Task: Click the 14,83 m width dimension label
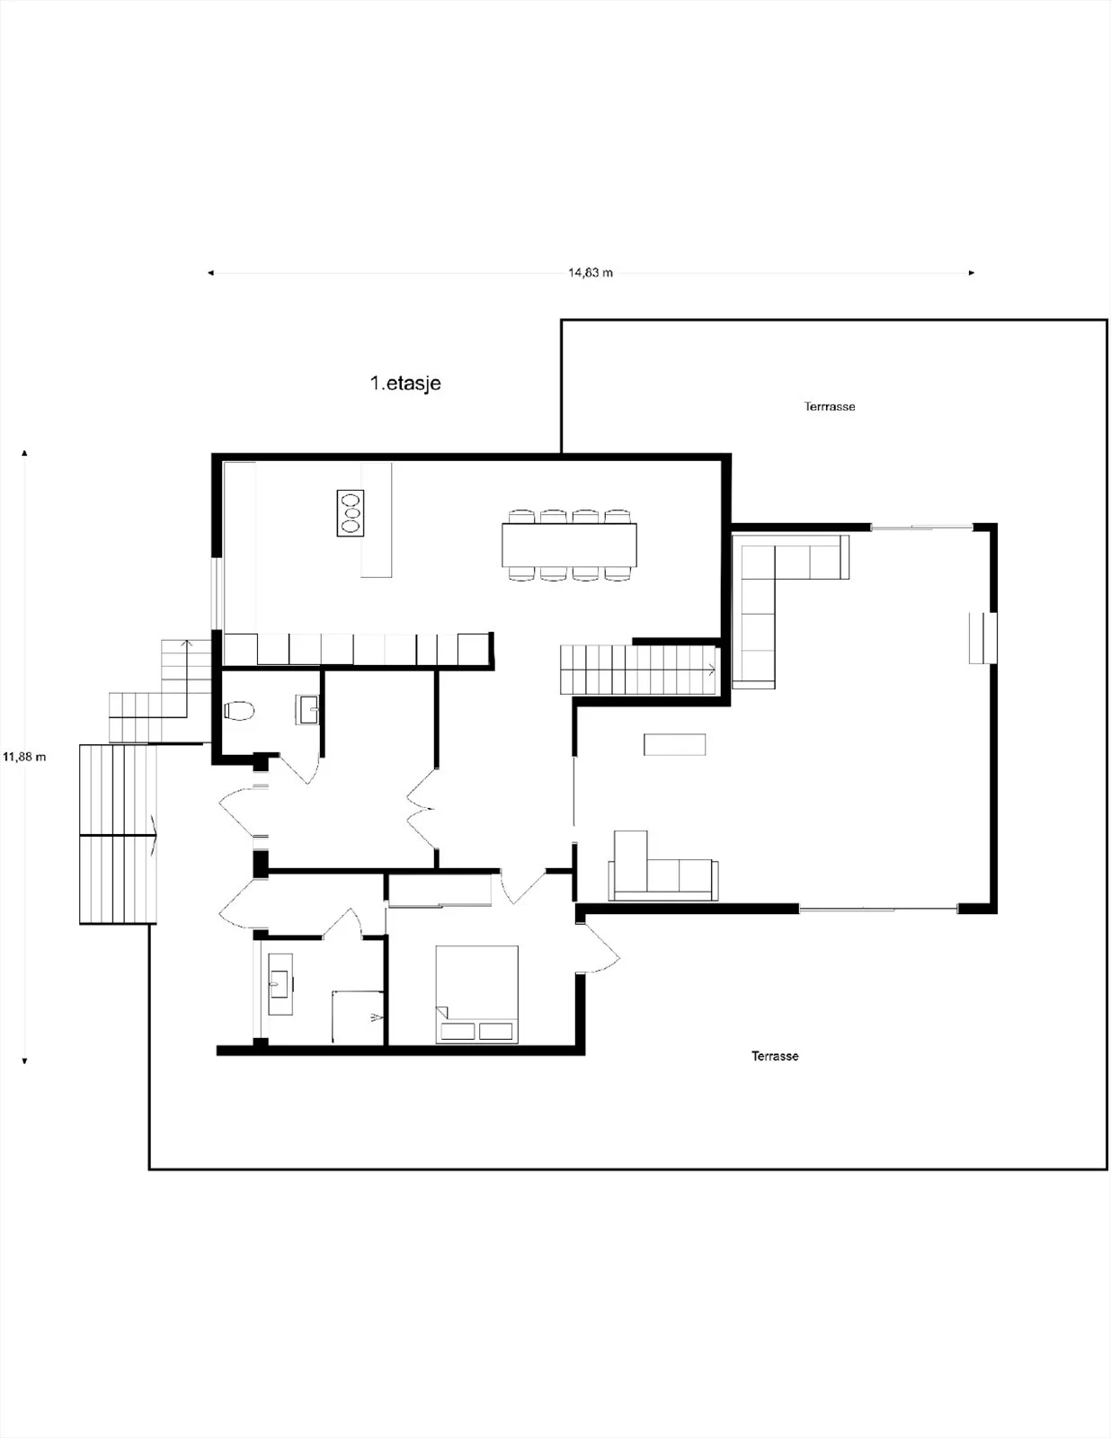(x=591, y=272)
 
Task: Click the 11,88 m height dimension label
(x=24, y=757)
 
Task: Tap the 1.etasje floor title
(x=405, y=383)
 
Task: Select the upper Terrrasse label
(x=829, y=406)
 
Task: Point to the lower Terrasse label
(x=774, y=1056)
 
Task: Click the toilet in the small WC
(x=239, y=711)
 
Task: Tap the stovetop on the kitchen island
(x=350, y=513)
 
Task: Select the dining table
(x=569, y=546)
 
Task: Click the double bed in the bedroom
(x=476, y=995)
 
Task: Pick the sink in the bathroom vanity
(x=280, y=984)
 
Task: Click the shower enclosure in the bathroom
(x=358, y=1017)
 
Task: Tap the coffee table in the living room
(x=674, y=744)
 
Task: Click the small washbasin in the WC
(x=308, y=709)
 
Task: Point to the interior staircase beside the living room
(x=639, y=670)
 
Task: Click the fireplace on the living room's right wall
(x=982, y=638)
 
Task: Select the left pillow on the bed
(x=458, y=1031)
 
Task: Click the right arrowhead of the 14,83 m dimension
(x=972, y=272)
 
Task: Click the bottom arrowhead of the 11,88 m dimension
(x=24, y=1061)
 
